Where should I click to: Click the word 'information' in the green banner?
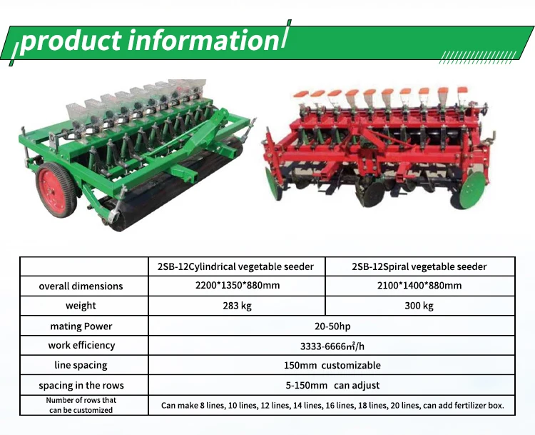tap(204, 41)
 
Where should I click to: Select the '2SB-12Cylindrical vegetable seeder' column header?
tap(235, 266)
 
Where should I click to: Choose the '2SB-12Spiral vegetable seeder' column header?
tap(419, 266)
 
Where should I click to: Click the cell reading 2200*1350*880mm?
tap(238, 285)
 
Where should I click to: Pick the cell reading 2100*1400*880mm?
tap(419, 285)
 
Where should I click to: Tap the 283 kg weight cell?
tap(237, 306)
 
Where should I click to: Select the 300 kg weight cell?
tap(419, 306)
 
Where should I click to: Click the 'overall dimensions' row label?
tap(81, 286)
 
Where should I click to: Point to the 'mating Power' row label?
tap(81, 326)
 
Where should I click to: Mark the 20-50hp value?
tap(332, 326)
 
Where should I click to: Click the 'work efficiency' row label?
tap(81, 346)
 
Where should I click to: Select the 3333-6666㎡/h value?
tap(332, 346)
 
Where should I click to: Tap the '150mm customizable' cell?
tap(332, 365)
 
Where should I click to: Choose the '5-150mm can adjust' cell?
tap(332, 386)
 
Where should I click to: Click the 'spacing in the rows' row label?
tap(81, 386)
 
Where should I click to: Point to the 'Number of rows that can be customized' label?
tap(81, 405)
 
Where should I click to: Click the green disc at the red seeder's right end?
tap(472, 189)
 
